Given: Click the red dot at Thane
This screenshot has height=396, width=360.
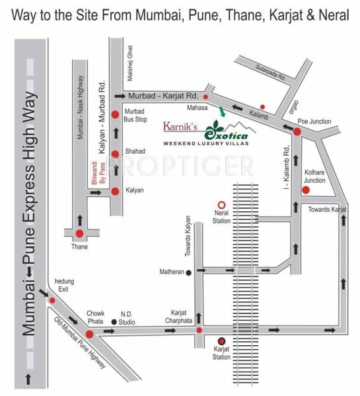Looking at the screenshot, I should click(x=80, y=233).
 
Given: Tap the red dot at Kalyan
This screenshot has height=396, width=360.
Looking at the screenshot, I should click(x=116, y=191).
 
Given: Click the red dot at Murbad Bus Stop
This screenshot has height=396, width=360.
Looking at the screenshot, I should click(x=116, y=114).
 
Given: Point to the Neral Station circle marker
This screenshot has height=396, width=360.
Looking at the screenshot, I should click(x=222, y=205).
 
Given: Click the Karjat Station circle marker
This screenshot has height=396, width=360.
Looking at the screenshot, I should click(x=222, y=341).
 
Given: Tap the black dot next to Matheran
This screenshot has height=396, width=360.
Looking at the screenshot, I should click(x=189, y=272).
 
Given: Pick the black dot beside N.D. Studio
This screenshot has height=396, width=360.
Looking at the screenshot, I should click(x=114, y=322).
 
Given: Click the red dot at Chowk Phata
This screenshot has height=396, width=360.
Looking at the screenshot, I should click(x=89, y=334).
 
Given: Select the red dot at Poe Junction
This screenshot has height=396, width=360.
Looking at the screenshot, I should click(x=297, y=132).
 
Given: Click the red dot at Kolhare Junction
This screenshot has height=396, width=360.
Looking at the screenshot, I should click(x=306, y=191).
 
